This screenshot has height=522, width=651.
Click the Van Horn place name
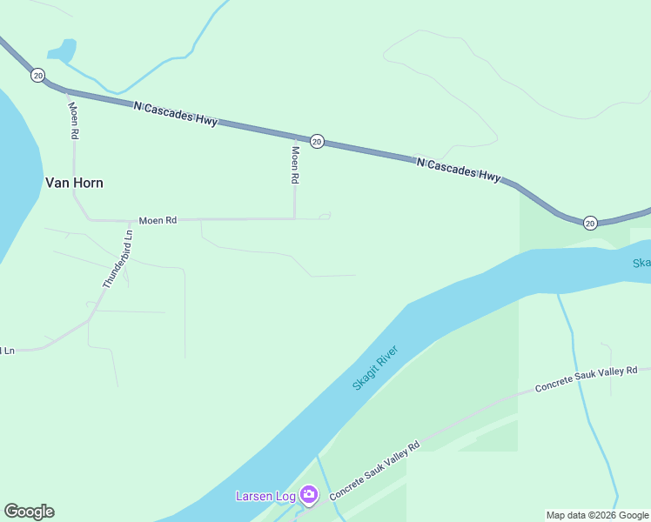click(74, 183)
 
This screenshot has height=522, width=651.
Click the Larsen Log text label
click(265, 496)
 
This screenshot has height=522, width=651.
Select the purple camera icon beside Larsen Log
click(309, 495)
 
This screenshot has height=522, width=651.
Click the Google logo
click(29, 512)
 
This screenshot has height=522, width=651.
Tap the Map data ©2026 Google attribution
click(597, 515)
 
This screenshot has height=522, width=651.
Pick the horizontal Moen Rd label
click(158, 221)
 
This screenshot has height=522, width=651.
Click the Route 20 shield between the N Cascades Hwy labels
click(318, 141)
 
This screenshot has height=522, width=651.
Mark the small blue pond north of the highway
click(62, 51)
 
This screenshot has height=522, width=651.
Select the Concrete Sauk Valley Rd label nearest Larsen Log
click(374, 470)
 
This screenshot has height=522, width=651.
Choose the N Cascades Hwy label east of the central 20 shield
click(459, 168)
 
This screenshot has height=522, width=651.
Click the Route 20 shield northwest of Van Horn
click(37, 76)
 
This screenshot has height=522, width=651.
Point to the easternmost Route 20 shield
click(590, 223)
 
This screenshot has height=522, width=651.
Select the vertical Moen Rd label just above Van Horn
click(74, 120)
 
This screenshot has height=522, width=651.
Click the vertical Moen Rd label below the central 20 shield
click(295, 164)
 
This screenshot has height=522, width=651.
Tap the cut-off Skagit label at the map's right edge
click(641, 264)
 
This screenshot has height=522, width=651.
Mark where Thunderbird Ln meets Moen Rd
click(131, 220)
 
